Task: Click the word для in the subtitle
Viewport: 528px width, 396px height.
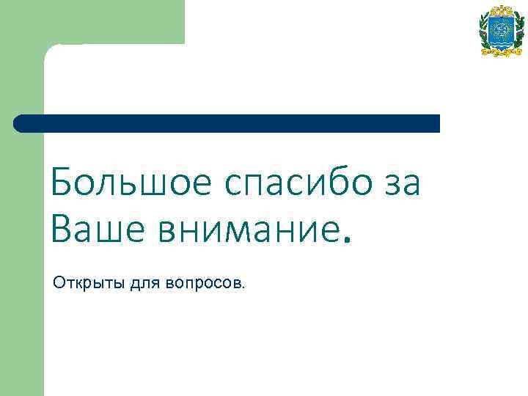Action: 146,282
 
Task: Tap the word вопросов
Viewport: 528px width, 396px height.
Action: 205,282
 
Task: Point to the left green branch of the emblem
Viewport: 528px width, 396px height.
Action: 484,33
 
